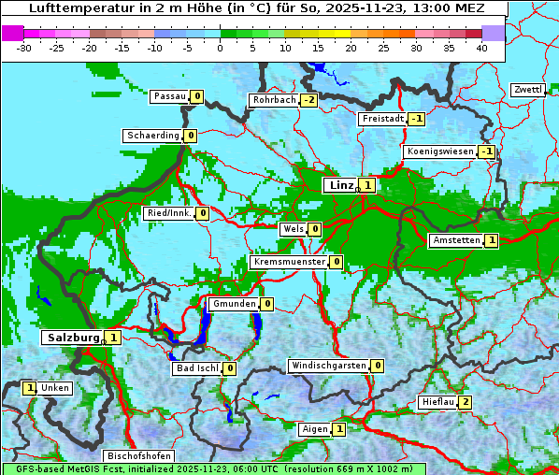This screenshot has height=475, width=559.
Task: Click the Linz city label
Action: pos(340,185)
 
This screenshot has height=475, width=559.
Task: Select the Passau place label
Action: pos(169,96)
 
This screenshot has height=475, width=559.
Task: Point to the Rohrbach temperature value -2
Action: pos(308,100)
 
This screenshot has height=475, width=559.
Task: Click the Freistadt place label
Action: pos(382,119)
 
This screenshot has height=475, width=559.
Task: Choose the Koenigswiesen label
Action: pos(439,151)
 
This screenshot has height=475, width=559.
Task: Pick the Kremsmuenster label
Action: pos(289,262)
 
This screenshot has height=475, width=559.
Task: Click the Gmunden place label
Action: pos(233,304)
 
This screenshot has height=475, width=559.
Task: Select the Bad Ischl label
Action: pos(196,368)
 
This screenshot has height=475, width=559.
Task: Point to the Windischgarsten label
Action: pos(328,366)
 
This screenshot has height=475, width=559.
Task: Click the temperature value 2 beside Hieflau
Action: pos(465,403)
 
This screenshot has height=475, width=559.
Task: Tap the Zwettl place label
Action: pos(527,90)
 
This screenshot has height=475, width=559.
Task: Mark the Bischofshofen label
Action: pos(138,456)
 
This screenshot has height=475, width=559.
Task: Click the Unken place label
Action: pos(55,388)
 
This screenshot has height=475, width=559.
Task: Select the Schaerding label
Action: pos(152,136)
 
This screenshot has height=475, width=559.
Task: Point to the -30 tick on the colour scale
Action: pos(24,48)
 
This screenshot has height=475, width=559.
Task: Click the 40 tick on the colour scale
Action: pos(481,48)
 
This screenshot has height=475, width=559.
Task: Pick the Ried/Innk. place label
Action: pos(169,213)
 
